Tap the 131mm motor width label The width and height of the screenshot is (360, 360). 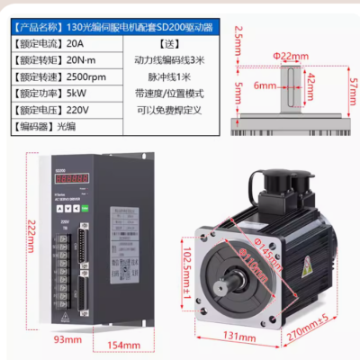click(x=237, y=337)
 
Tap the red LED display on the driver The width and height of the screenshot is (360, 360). click(x=71, y=179)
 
